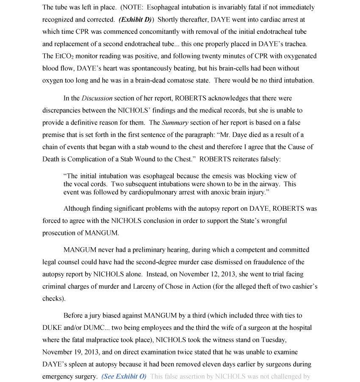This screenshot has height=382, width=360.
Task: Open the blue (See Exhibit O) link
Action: coord(124,376)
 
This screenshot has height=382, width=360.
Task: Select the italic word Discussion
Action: coord(97,98)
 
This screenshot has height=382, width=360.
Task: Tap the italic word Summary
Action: coord(175,123)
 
